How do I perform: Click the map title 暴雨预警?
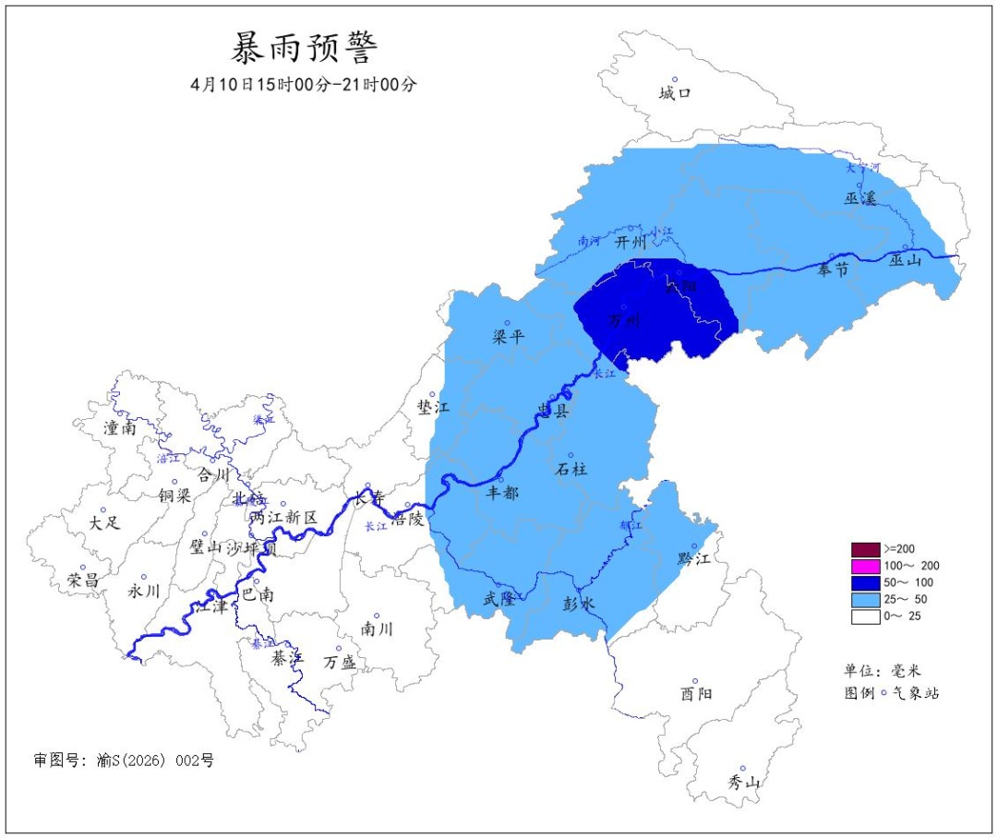click(x=304, y=46)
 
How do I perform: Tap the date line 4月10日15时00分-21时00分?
click(x=304, y=84)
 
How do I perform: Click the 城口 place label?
click(x=675, y=93)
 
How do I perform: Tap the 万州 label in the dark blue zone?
click(x=625, y=321)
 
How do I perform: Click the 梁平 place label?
click(x=508, y=337)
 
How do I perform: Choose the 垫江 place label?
click(x=433, y=407)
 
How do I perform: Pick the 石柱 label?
click(x=571, y=469)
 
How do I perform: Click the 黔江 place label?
click(x=693, y=558)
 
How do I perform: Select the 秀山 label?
click(x=742, y=782)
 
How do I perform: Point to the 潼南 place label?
click(x=120, y=427)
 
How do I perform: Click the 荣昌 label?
click(x=83, y=581)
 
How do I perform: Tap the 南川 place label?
click(x=377, y=629)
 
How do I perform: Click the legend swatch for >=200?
click(x=865, y=549)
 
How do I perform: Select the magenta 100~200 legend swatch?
click(x=865, y=566)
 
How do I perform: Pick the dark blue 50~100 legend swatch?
click(x=865, y=583)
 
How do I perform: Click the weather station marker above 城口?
click(x=675, y=79)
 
